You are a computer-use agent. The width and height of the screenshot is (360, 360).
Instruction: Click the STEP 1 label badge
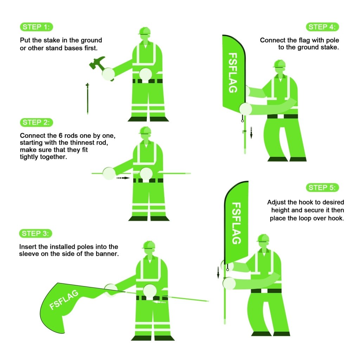[37, 27]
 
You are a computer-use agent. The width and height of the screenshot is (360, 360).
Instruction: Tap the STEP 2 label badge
[37, 122]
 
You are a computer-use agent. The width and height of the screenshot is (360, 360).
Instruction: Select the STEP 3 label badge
[37, 233]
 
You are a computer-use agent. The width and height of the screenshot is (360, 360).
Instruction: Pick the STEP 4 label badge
[322, 27]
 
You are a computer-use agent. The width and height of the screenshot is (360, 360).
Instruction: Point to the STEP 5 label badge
[322, 187]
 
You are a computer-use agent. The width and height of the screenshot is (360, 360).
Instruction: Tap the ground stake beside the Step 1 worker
[87, 98]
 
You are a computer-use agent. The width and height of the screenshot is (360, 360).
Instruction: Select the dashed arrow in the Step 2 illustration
[123, 178]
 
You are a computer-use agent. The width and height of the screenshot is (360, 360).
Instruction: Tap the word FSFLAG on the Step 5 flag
[237, 223]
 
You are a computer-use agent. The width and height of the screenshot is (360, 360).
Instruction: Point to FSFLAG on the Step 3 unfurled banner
[64, 300]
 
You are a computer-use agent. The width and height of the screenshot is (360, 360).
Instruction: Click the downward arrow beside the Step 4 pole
[251, 133]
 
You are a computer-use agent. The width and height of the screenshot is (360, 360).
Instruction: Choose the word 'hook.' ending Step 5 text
[336, 218]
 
